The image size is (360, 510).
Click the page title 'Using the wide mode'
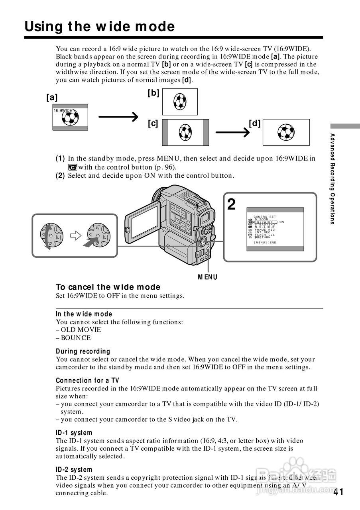click(100, 27)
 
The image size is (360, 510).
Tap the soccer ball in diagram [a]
click(71, 118)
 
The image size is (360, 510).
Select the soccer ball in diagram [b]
click(180, 102)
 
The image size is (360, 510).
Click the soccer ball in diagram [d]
click(286, 132)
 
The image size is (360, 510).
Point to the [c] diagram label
click(153, 124)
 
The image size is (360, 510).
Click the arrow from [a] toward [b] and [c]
click(118, 117)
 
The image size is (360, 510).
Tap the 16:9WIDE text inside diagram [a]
click(63, 110)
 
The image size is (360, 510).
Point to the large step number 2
click(231, 204)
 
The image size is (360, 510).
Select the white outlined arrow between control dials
click(75, 235)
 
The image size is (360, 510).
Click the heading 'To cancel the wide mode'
click(108, 287)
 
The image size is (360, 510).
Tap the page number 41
click(338, 492)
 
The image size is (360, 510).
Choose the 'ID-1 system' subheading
click(74, 433)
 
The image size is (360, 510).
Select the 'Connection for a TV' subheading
click(87, 381)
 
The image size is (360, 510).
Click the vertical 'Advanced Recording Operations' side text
click(332, 179)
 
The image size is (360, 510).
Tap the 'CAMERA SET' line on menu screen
click(265, 217)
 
